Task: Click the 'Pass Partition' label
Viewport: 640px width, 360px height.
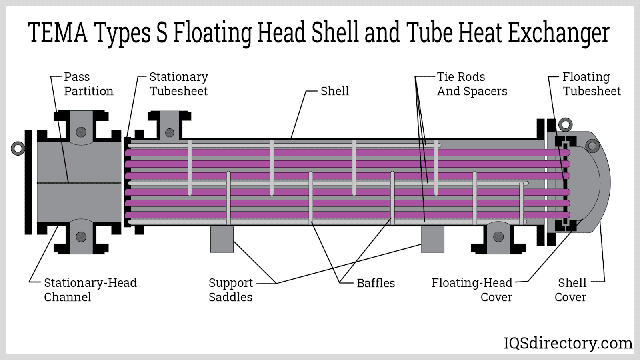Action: tap(88, 84)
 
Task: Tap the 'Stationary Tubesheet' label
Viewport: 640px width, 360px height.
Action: tap(178, 84)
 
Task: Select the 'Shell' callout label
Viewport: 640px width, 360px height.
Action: tap(334, 91)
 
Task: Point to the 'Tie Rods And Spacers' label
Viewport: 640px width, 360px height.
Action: tap(472, 84)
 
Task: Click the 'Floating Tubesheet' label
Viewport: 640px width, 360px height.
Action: tap(592, 84)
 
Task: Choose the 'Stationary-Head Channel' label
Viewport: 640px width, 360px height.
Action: tap(90, 290)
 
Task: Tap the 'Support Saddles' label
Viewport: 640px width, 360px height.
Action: tap(231, 290)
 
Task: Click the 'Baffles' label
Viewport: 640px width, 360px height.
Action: tap(376, 283)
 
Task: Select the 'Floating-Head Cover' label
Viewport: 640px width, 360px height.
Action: tap(472, 290)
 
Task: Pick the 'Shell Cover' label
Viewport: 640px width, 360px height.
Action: tap(571, 290)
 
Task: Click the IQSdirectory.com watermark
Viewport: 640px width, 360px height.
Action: tap(568, 343)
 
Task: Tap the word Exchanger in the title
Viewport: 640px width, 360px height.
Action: tap(558, 34)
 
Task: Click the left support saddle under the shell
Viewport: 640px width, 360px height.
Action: tap(222, 239)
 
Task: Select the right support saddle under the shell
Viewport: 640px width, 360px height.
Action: tap(432, 239)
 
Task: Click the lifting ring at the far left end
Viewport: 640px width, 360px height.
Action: tap(18, 148)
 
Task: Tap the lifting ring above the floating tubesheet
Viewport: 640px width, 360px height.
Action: tap(565, 124)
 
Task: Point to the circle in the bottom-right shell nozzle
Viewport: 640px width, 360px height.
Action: tap(498, 237)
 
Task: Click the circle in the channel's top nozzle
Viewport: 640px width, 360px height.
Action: tap(81, 132)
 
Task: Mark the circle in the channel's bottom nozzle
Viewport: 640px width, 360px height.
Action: tap(81, 237)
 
